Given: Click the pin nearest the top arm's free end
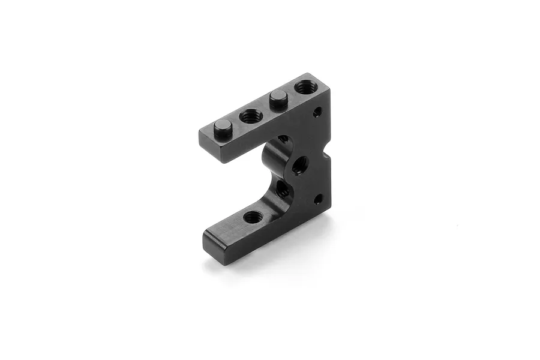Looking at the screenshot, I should point(223,127).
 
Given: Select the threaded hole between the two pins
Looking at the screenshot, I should point(249,116).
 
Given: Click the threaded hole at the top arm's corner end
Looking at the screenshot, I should point(306,88).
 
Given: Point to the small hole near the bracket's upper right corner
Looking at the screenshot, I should point(317,112).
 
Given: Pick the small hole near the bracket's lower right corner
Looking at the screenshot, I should point(319,198).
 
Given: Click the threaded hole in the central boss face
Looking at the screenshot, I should point(300,164).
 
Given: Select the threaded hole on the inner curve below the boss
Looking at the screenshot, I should point(281,191).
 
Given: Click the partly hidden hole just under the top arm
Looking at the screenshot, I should point(283,139).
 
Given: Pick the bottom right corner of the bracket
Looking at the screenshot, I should point(329,206).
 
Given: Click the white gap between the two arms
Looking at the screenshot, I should point(237,180).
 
